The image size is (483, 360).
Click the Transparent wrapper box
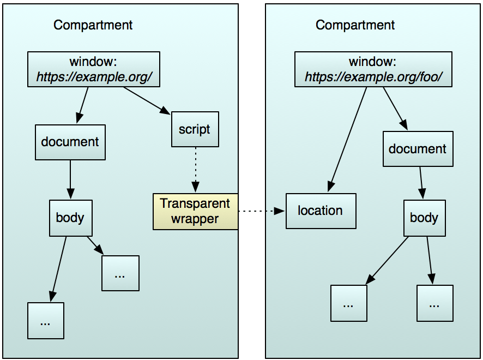click(x=195, y=212)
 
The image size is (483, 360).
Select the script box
click(x=195, y=129)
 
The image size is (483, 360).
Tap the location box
click(x=321, y=211)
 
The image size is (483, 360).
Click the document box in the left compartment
click(x=70, y=142)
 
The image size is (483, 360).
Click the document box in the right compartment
click(x=418, y=149)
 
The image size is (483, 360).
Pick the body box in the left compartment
click(x=70, y=218)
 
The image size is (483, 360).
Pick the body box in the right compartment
click(x=424, y=218)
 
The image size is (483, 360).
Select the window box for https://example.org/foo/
click(x=373, y=69)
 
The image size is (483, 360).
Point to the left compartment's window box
click(x=93, y=69)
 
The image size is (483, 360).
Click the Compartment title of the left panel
click(x=93, y=25)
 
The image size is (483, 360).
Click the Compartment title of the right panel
click(x=355, y=25)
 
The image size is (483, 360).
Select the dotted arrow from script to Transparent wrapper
click(x=195, y=170)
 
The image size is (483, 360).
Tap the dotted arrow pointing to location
click(x=262, y=211)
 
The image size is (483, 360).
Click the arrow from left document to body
click(x=70, y=179)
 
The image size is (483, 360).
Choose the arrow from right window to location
click(x=348, y=139)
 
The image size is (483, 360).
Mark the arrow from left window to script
click(x=146, y=100)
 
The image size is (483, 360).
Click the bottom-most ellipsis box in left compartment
click(x=46, y=321)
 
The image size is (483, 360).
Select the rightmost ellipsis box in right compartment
click(x=434, y=303)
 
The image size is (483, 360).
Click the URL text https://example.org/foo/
click(x=373, y=77)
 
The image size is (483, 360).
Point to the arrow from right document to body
click(x=421, y=183)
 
